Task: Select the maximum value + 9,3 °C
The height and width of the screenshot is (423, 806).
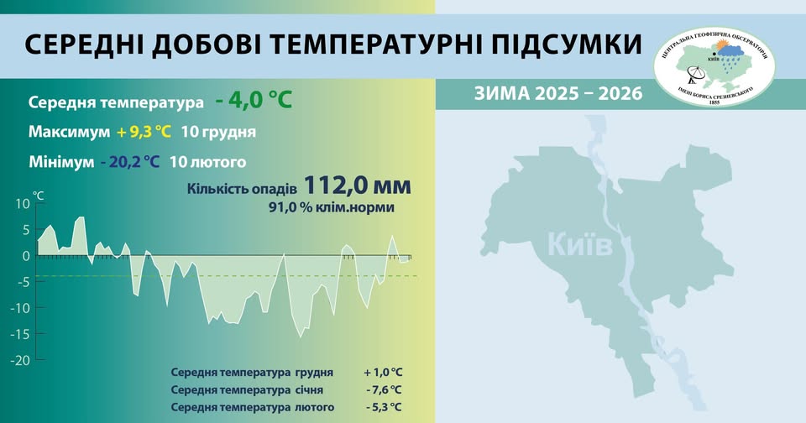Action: (x=145, y=133)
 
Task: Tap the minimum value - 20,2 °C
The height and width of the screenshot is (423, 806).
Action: (x=128, y=161)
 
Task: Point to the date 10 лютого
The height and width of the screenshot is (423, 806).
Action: (x=207, y=161)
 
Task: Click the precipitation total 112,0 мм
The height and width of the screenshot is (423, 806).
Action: (x=358, y=185)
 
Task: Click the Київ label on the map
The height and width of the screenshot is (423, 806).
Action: (x=580, y=245)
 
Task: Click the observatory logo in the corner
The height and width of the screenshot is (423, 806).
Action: (x=714, y=64)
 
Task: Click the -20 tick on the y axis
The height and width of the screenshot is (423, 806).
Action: (x=21, y=360)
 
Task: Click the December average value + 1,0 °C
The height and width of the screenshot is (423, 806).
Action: (x=383, y=372)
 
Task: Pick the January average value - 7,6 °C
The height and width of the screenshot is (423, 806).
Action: (x=384, y=390)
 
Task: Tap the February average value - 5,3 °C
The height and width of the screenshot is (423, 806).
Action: (x=384, y=408)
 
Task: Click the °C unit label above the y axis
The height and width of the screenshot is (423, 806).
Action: (x=38, y=195)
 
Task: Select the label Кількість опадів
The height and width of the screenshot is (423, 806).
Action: (x=243, y=190)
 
